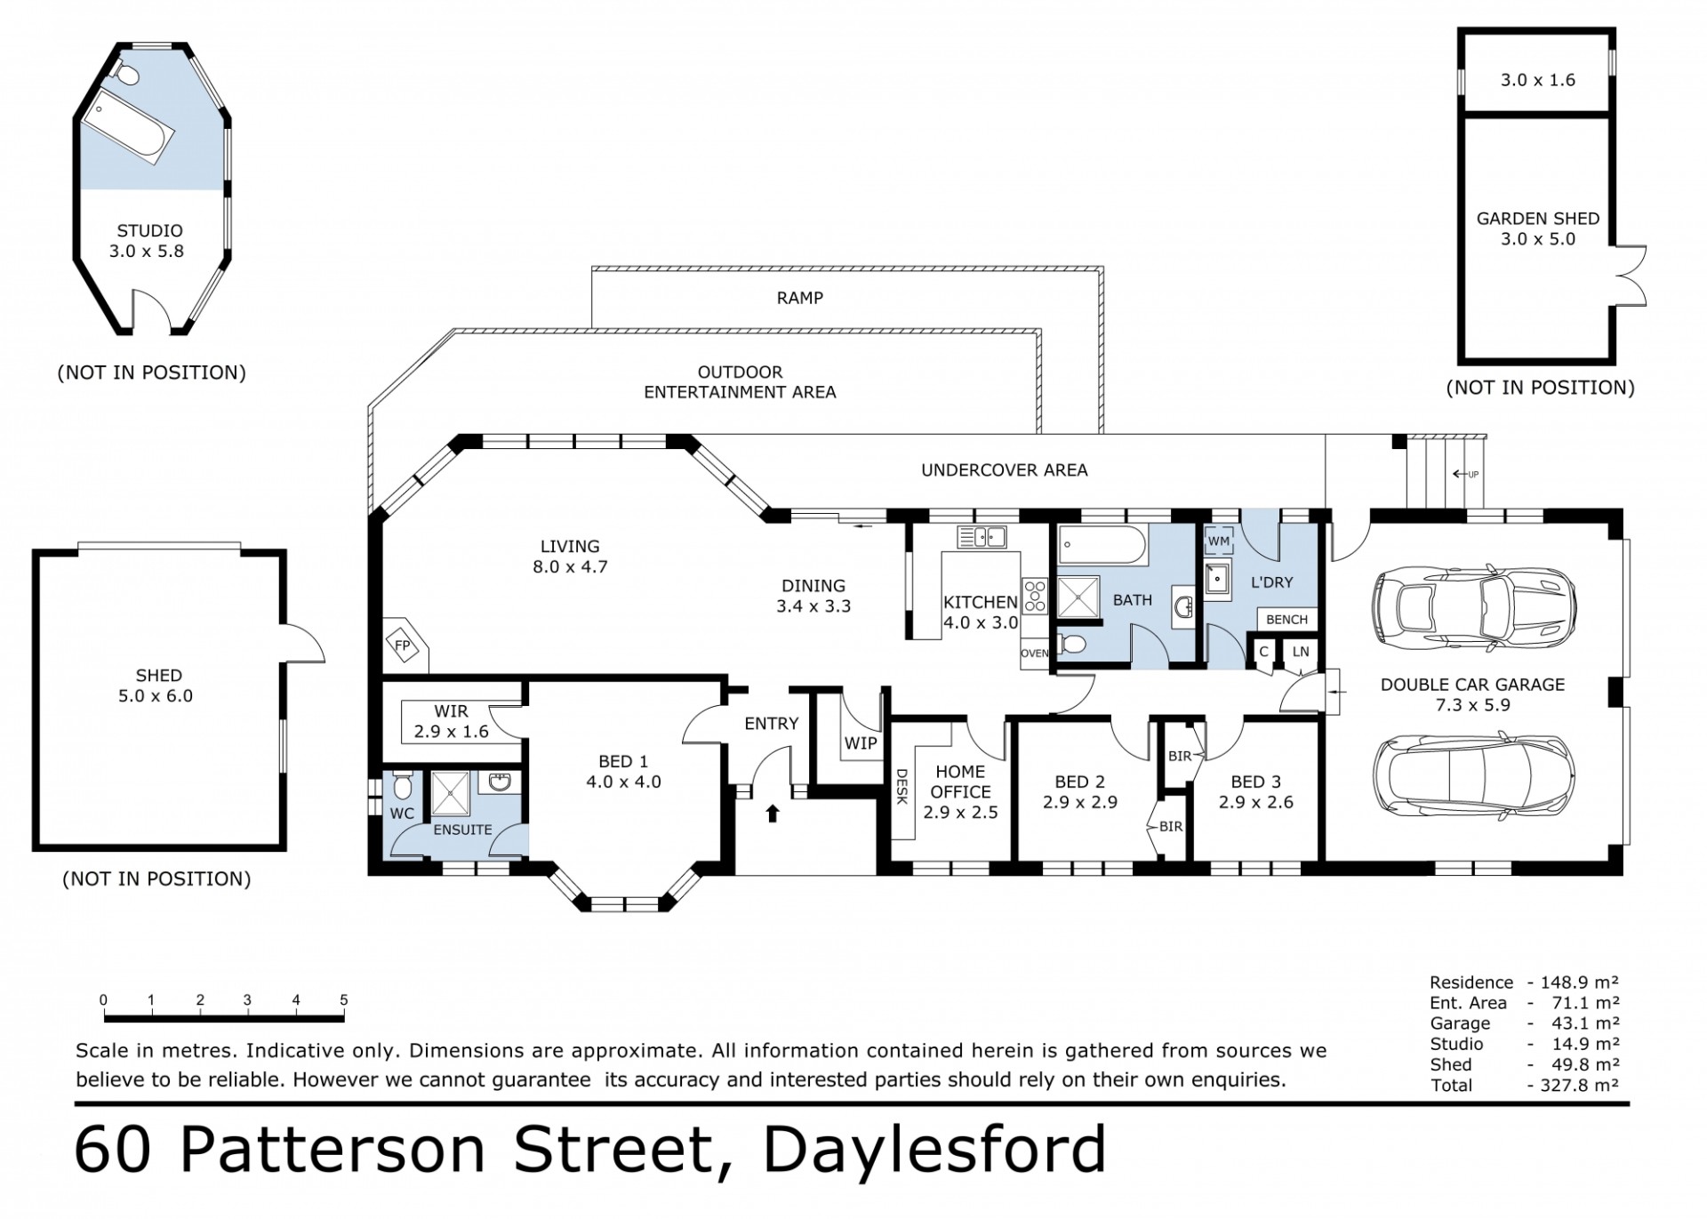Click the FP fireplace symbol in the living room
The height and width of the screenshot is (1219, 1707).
[x=403, y=645]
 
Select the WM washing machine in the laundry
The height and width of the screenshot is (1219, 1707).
[x=1219, y=541]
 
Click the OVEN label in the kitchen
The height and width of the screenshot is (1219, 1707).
[x=1035, y=653]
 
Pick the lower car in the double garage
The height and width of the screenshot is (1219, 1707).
[x=1475, y=773]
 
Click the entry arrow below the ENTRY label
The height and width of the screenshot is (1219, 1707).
[x=772, y=813]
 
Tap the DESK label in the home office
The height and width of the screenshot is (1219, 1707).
[x=901, y=787]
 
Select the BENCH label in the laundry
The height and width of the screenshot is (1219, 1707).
[x=1286, y=620]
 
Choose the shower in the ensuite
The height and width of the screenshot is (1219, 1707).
[x=454, y=793]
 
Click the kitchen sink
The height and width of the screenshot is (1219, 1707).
[x=982, y=537]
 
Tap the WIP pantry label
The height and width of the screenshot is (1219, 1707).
[x=861, y=743]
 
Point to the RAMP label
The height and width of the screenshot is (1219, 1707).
[x=800, y=298]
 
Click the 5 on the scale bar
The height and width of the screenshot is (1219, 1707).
[x=344, y=1000]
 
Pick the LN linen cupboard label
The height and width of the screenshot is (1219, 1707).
[x=1301, y=652]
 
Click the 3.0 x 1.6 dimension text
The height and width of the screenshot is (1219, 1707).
[x=1538, y=80]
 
